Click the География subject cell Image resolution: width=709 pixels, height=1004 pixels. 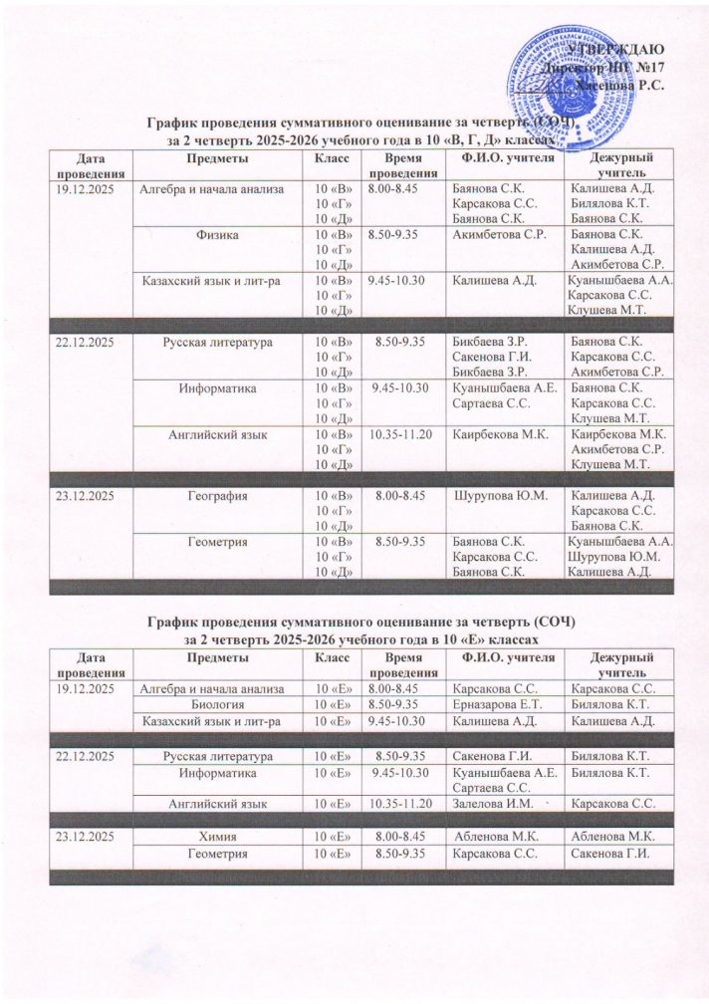click(219, 495)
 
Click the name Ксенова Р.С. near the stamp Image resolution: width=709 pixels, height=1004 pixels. click(624, 88)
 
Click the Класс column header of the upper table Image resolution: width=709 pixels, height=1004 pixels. click(333, 159)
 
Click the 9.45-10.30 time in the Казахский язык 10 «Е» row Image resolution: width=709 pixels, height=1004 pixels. click(397, 719)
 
